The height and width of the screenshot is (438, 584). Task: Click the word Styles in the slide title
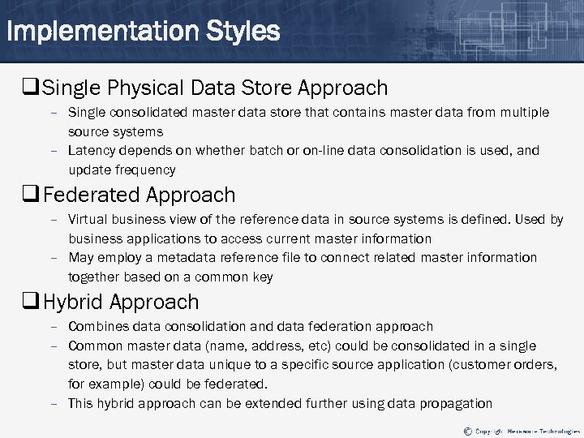(x=243, y=32)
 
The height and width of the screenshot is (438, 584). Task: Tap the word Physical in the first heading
(x=148, y=87)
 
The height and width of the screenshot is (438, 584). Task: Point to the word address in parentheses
(x=273, y=346)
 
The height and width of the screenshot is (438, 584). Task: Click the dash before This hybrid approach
(x=54, y=404)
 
